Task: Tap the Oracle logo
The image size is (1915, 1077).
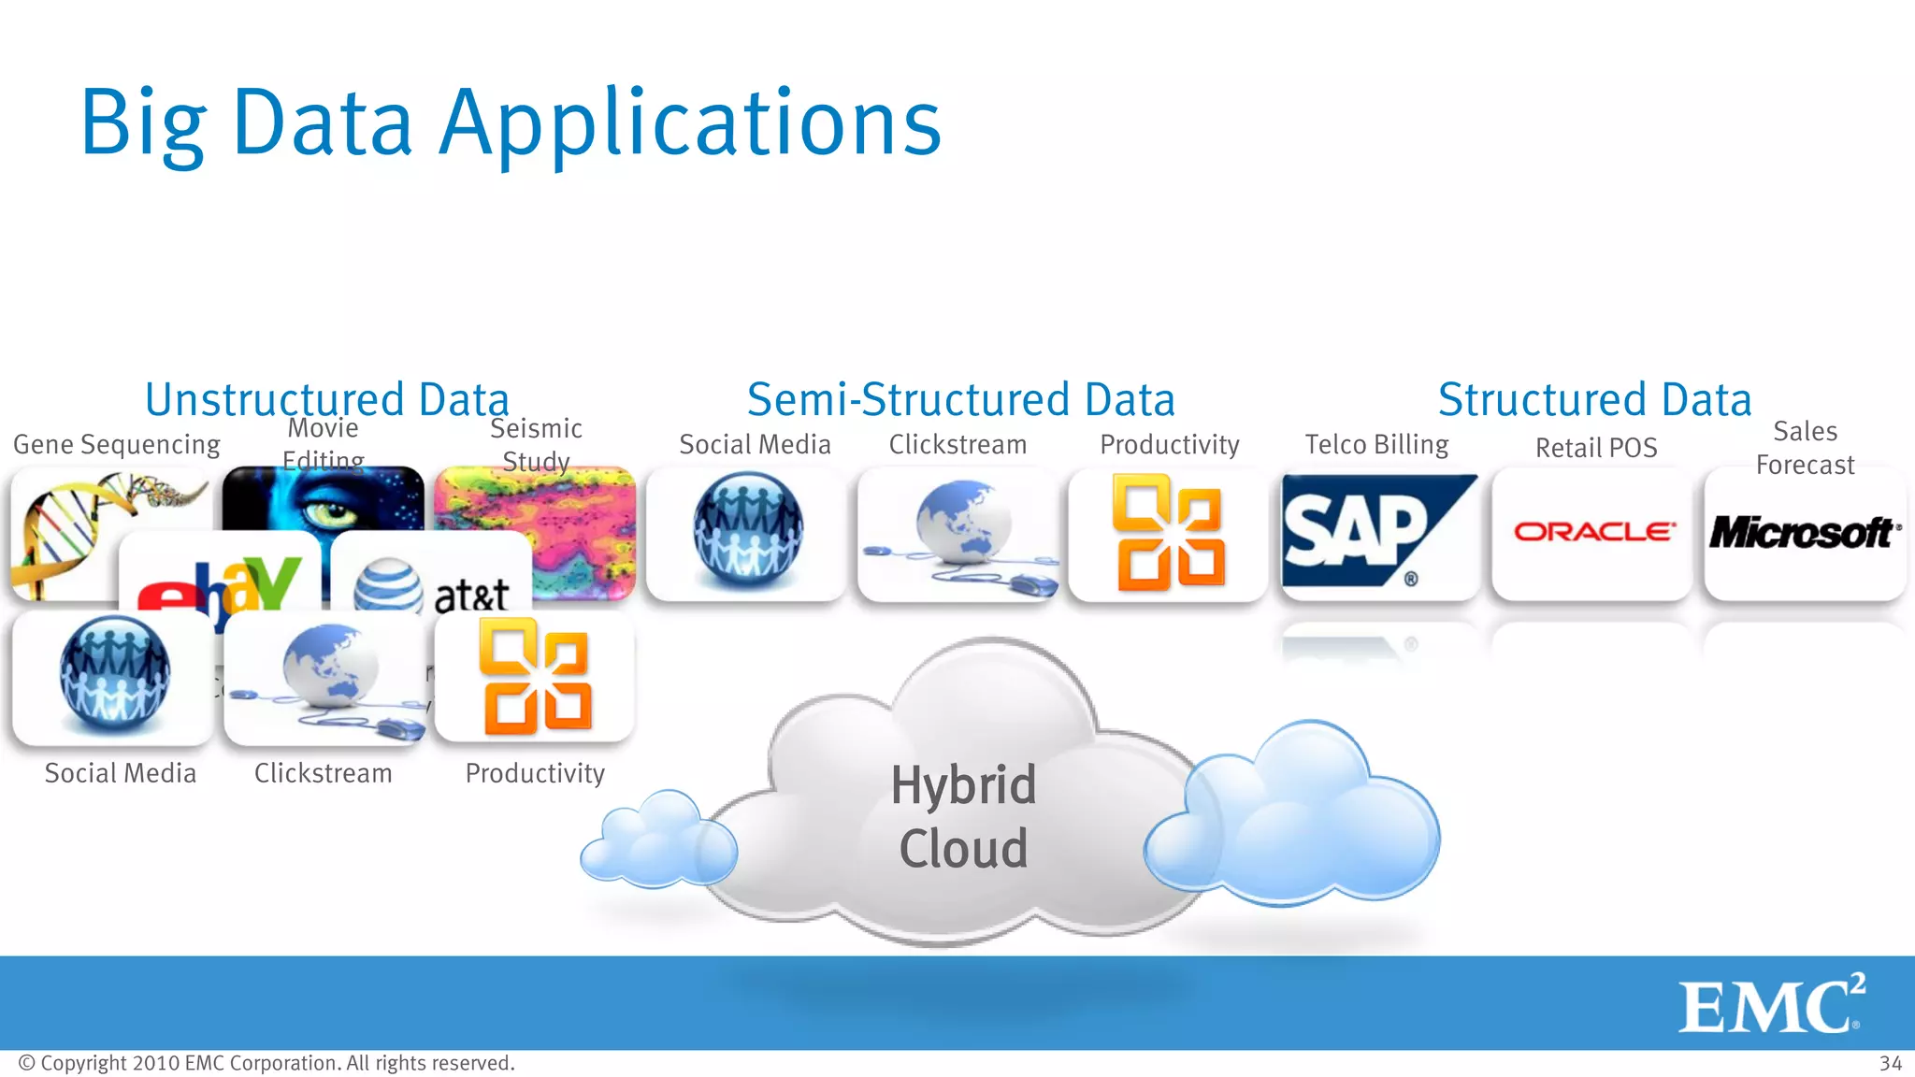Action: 1593,532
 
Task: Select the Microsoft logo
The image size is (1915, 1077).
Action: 1804,533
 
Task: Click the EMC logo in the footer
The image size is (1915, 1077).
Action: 1770,1004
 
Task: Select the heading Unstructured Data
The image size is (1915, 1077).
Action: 326,399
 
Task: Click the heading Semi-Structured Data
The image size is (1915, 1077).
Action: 960,399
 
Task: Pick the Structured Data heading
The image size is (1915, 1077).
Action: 1594,399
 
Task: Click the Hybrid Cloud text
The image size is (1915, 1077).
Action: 963,816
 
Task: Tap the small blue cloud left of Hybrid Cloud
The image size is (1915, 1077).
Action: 658,840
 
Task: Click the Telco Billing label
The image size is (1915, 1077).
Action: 1376,444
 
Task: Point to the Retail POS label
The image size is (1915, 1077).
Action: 1596,448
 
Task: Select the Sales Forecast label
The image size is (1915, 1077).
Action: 1805,448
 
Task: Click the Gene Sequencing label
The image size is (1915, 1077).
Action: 117,444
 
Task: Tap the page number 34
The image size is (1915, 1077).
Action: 1891,1063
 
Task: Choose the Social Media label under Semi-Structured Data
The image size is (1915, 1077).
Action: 755,444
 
